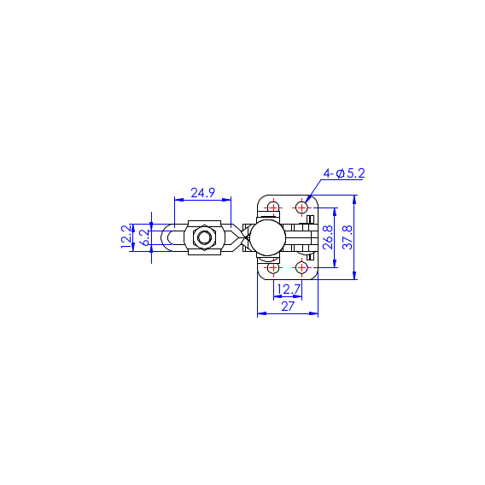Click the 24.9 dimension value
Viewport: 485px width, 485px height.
pos(202,193)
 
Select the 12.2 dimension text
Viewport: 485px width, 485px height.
pos(126,237)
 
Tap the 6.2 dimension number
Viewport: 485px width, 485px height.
pos(146,237)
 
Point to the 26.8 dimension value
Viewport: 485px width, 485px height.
pos(328,237)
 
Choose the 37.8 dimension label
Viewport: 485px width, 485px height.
pos(348,237)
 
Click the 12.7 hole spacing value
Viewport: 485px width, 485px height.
pos(289,289)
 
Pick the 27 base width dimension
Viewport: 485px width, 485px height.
pos(288,307)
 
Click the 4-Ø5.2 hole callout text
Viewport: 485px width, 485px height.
pos(344,173)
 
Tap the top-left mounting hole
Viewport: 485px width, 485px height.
pos(273,207)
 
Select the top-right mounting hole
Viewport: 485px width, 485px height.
pos(301,207)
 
